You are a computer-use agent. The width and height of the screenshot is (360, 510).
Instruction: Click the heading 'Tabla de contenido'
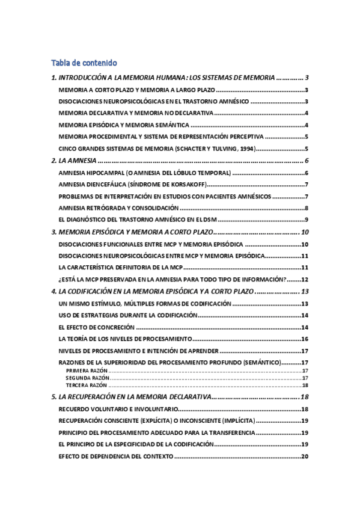84,63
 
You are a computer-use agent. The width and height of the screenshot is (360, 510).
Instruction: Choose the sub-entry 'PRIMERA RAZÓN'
82,372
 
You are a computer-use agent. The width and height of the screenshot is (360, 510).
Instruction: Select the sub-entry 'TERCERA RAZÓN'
82,385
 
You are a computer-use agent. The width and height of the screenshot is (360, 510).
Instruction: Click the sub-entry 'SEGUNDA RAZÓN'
83,378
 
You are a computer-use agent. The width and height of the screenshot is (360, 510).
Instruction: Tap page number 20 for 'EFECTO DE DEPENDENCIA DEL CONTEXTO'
304,456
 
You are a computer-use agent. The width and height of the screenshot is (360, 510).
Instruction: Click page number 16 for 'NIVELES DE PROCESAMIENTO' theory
304,339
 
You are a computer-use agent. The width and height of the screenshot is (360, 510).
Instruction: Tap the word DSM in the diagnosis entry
210,220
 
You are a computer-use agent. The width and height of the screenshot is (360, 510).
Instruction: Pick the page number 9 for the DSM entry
307,220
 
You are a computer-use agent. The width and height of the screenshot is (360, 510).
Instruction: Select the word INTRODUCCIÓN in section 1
84,78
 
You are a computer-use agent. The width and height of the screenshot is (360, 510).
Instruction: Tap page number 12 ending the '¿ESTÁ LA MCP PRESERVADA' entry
304,279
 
